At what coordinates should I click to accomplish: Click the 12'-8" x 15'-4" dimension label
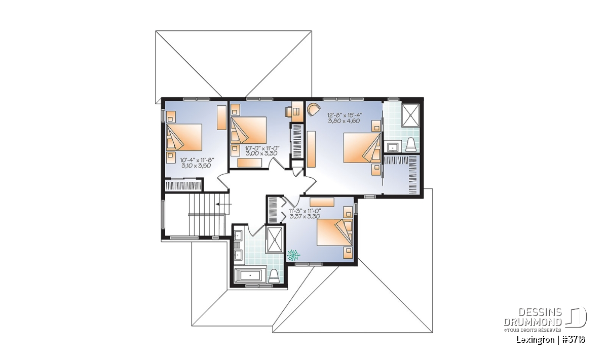tap(345, 115)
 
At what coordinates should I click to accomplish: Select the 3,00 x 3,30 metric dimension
tap(261, 153)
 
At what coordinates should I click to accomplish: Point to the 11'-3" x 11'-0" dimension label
tap(305, 211)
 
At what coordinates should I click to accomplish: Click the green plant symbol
tap(293, 255)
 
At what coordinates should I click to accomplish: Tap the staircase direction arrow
tap(224, 204)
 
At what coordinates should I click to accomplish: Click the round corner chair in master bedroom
tap(314, 110)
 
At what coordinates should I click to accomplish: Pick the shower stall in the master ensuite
tap(410, 115)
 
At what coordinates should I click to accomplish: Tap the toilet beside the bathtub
tap(273, 276)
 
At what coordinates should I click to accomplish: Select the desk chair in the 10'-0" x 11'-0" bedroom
tap(288, 111)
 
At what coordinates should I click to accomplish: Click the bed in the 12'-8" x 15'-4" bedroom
tap(362, 147)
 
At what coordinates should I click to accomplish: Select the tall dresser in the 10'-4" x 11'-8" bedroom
tap(221, 117)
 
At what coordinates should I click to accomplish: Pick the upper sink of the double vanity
tap(238, 235)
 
